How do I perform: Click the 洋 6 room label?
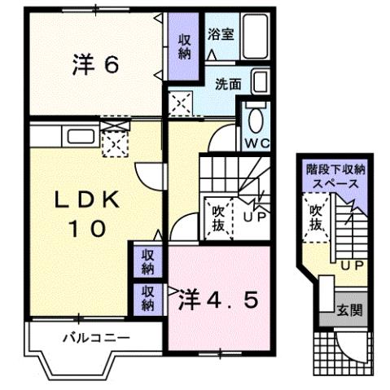pyautogui.click(x=95, y=66)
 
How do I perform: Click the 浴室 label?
pyautogui.click(x=221, y=34)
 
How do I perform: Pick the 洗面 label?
pyautogui.click(x=228, y=83)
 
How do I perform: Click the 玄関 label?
pyautogui.click(x=348, y=311)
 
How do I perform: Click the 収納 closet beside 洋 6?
pyautogui.click(x=185, y=46)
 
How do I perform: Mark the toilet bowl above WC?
pyautogui.click(x=253, y=121)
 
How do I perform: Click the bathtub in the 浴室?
pyautogui.click(x=256, y=36)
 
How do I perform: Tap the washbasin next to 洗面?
pyautogui.click(x=260, y=82)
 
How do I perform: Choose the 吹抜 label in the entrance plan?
pyautogui.click(x=315, y=217)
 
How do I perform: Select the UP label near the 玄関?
pyautogui.click(x=353, y=266)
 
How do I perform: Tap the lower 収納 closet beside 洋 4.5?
pyautogui.click(x=147, y=298)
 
